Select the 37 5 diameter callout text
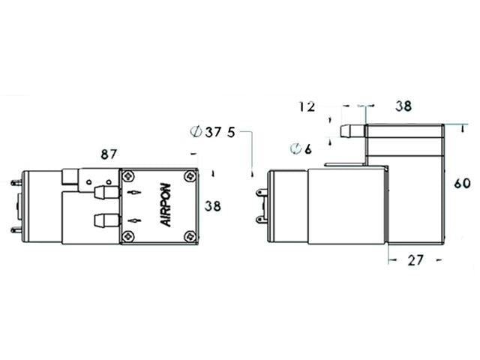[214, 132]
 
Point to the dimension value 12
[307, 106]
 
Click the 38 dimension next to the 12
[403, 106]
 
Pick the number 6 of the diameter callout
[308, 148]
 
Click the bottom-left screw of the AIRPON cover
[131, 237]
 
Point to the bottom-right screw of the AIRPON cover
[188, 237]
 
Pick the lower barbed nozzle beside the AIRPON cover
[103, 221]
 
